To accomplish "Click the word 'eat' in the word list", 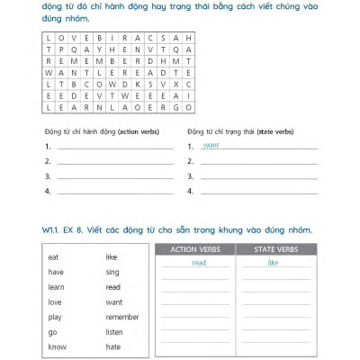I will point(54,256).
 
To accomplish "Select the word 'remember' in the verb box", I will point(121,316).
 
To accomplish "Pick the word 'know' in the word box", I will point(57,346).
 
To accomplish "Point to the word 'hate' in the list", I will point(112,346).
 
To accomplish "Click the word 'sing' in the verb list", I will point(112,271).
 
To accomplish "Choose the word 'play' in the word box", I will point(55,316).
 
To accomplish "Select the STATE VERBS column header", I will point(273,249).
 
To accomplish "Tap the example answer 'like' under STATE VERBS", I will point(273,263).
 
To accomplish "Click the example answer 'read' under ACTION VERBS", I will point(199,263).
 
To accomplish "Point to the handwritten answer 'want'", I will point(211,145).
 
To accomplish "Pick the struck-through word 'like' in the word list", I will point(112,256).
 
